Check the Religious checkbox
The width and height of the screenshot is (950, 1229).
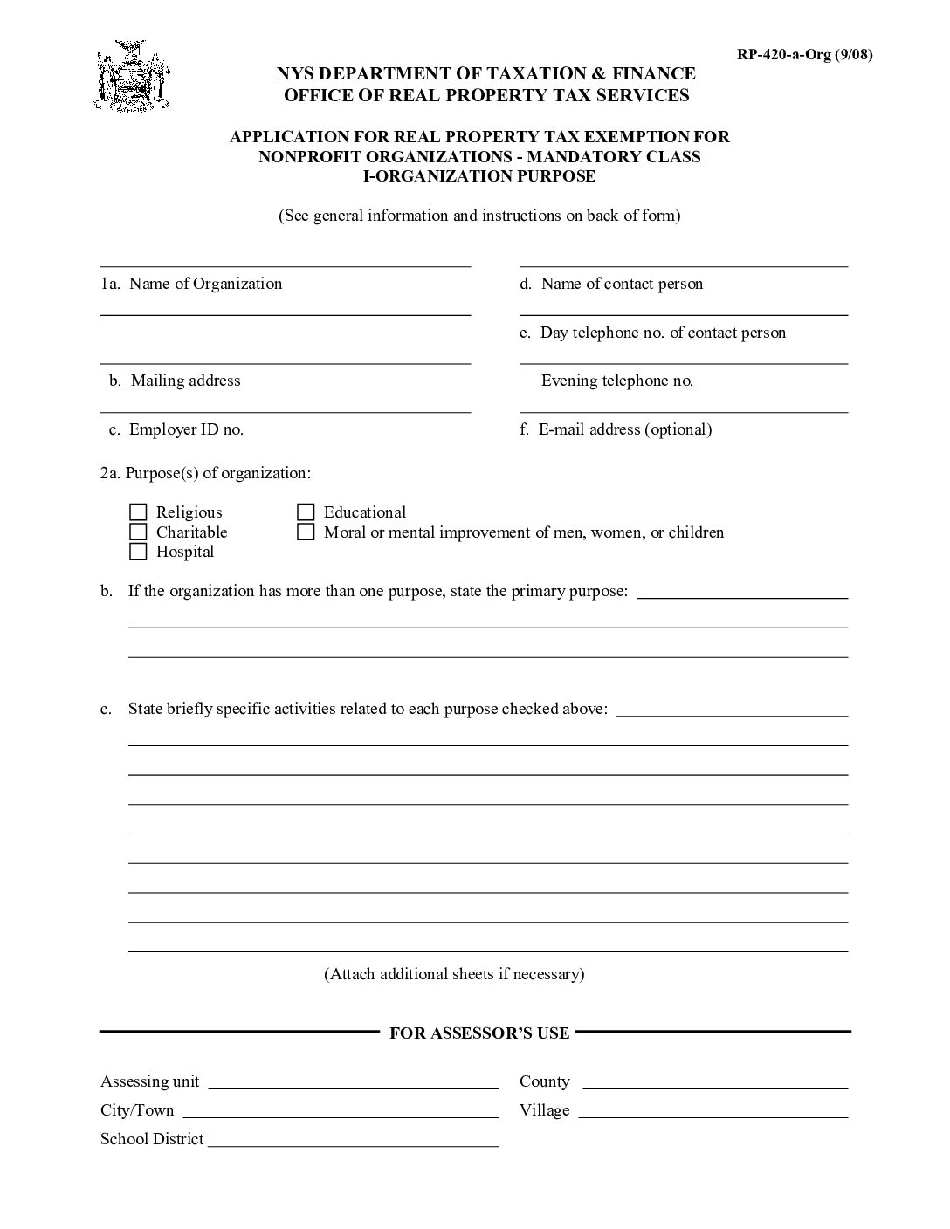[x=138, y=512]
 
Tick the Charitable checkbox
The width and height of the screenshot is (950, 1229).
[x=138, y=532]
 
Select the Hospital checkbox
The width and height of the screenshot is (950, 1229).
[x=138, y=552]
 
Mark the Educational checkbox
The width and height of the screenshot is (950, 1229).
[x=306, y=512]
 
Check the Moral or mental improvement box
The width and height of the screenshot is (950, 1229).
[x=306, y=532]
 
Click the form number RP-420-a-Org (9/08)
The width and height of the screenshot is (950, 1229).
[x=804, y=55]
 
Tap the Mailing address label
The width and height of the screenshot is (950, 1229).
[x=185, y=381]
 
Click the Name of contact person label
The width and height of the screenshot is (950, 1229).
[x=621, y=284]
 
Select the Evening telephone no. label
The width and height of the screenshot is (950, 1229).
[x=616, y=381]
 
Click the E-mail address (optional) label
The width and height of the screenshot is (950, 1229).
[x=624, y=429]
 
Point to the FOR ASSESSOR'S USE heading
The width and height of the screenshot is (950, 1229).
[x=478, y=1033]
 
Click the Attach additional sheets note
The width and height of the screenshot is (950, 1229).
[x=454, y=974]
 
